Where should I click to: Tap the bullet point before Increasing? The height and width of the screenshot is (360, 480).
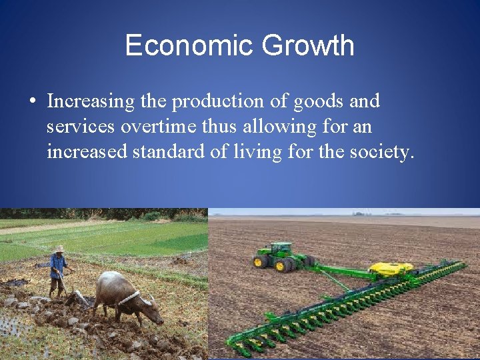pos(32,102)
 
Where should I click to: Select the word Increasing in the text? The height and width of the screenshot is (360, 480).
pos(91,101)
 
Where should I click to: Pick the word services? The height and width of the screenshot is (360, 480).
pos(81,127)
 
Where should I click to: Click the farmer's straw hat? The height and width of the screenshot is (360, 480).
pos(59,249)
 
